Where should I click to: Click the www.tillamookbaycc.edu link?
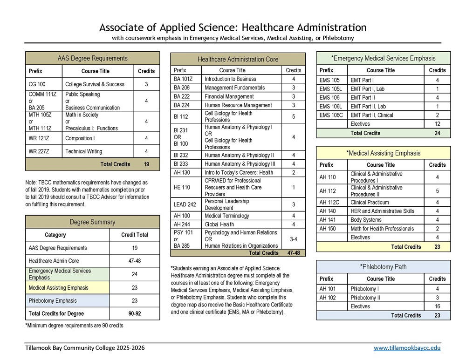[x=406, y=348]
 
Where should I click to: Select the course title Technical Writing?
[x=83, y=151]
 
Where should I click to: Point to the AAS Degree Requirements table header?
[x=92, y=59]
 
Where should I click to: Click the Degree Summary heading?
[x=92, y=222]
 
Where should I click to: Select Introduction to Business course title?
[x=230, y=79]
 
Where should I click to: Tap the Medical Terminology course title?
[x=227, y=216]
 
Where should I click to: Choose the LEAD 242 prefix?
[x=185, y=204]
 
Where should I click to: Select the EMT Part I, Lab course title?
[x=368, y=88]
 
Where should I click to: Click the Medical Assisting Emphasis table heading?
[x=383, y=153]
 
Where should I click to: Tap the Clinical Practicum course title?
[x=370, y=203]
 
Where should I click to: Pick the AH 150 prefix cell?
[x=328, y=229]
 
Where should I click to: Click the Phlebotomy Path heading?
[x=383, y=267]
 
